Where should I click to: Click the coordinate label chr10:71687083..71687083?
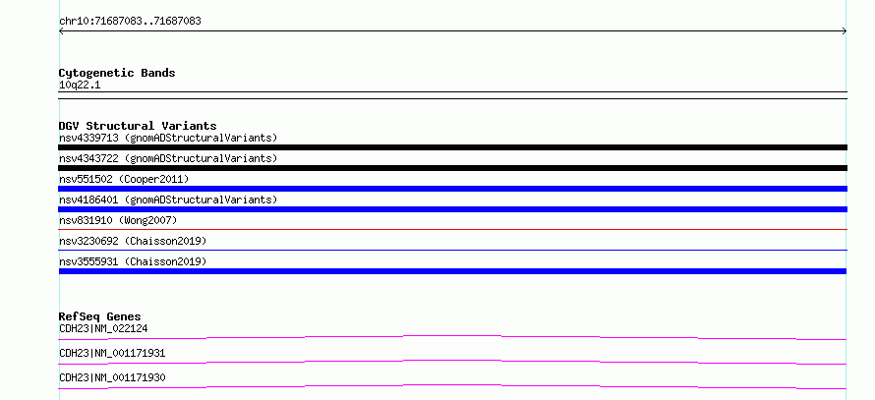coord(130,22)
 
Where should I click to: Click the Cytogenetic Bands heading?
coord(117,73)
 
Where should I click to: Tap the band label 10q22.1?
coord(80,86)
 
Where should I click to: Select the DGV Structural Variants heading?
coord(138,126)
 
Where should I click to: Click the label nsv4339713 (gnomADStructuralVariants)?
coord(168,138)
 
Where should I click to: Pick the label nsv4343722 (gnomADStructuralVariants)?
coord(168,158)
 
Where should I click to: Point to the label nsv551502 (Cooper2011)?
coord(124,179)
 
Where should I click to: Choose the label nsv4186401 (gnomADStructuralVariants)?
coord(168,200)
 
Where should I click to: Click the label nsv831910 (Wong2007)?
coord(118,220)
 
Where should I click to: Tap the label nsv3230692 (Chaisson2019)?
coord(133,241)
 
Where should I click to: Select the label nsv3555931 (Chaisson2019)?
coord(133,261)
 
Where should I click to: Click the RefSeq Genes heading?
coord(100,316)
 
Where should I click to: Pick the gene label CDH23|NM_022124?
coord(103,328)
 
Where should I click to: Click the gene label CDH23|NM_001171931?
coord(112,353)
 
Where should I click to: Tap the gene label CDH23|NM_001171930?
coord(112,377)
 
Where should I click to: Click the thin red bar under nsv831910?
coord(452,229)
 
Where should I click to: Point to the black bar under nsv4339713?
coord(452,147)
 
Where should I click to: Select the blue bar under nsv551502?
coord(452,189)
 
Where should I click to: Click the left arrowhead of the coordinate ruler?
coord(60,31)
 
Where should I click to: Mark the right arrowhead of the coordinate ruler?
coord(846,31)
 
